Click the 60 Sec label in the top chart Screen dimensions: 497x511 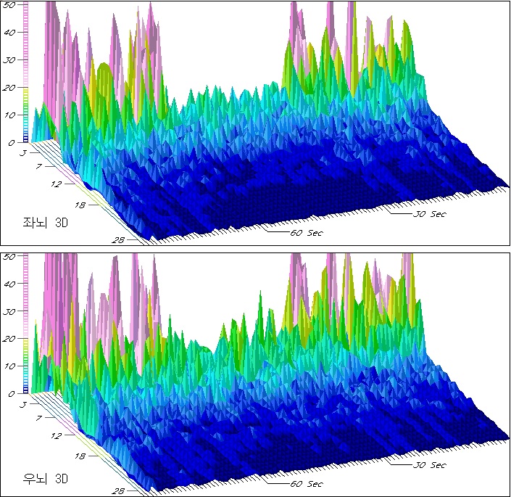(x=306, y=233)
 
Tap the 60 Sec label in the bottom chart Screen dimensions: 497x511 (x=306, y=484)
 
